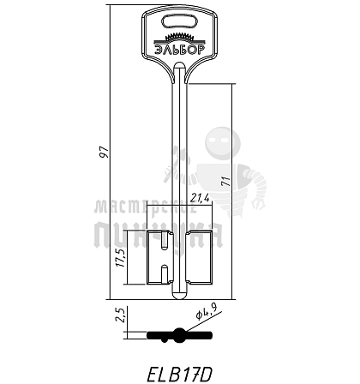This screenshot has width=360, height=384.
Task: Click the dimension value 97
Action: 104,152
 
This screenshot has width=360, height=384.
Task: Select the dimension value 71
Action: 226,182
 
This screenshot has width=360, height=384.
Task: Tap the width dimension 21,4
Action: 200,198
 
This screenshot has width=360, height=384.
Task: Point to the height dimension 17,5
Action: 121,257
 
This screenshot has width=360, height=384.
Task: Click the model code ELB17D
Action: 180,374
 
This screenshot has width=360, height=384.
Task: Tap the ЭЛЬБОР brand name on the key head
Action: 180,50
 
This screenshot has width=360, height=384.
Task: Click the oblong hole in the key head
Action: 180,22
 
